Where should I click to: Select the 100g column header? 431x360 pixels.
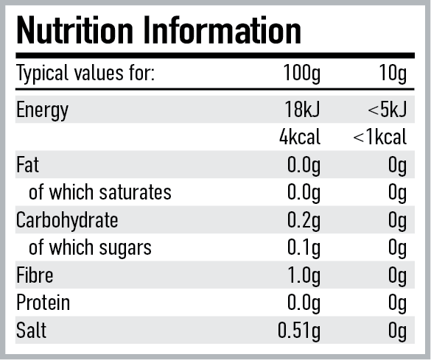pyautogui.click(x=302, y=74)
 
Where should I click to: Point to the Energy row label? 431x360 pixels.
pyautogui.click(x=42, y=110)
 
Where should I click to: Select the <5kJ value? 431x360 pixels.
pyautogui.click(x=387, y=110)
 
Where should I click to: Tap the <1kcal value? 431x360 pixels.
pyautogui.click(x=379, y=138)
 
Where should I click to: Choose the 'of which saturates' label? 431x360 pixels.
pyautogui.click(x=99, y=193)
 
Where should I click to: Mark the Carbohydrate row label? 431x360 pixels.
pyautogui.click(x=67, y=220)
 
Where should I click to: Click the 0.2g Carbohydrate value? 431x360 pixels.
pyautogui.click(x=304, y=220)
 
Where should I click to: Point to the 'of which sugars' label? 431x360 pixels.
pyautogui.click(x=90, y=247)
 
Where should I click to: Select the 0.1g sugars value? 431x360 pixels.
pyautogui.click(x=304, y=247)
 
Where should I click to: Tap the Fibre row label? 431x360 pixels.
pyautogui.click(x=35, y=275)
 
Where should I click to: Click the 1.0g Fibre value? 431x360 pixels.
pyautogui.click(x=304, y=275)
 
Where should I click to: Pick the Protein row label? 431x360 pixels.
pyautogui.click(x=43, y=303)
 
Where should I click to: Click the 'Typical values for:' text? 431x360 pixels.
pyautogui.click(x=85, y=74)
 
